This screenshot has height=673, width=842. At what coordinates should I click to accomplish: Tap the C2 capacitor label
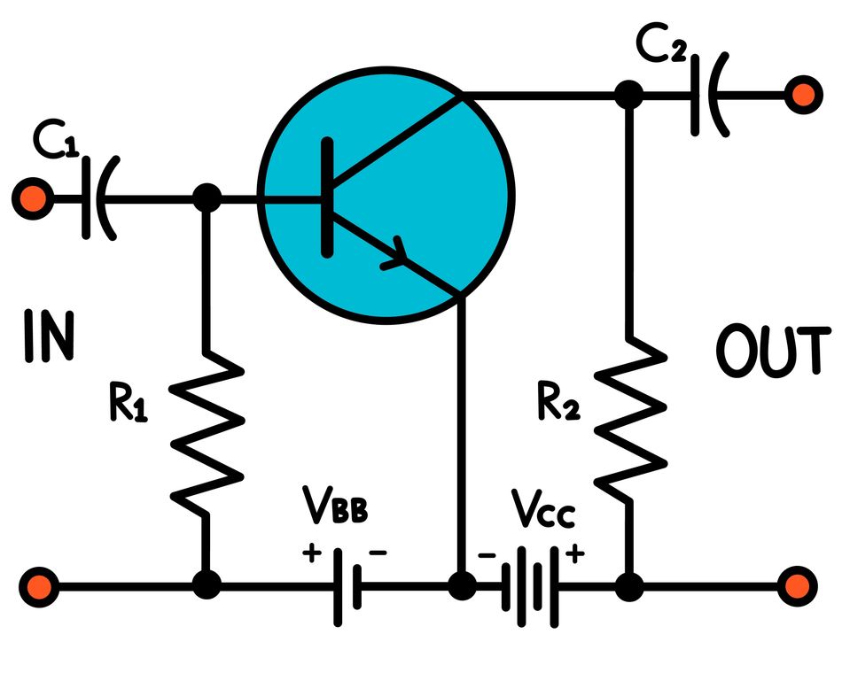click(x=661, y=46)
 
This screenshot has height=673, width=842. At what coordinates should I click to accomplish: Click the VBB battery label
click(x=334, y=511)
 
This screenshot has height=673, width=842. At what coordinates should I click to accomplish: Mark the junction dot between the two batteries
click(x=461, y=584)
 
